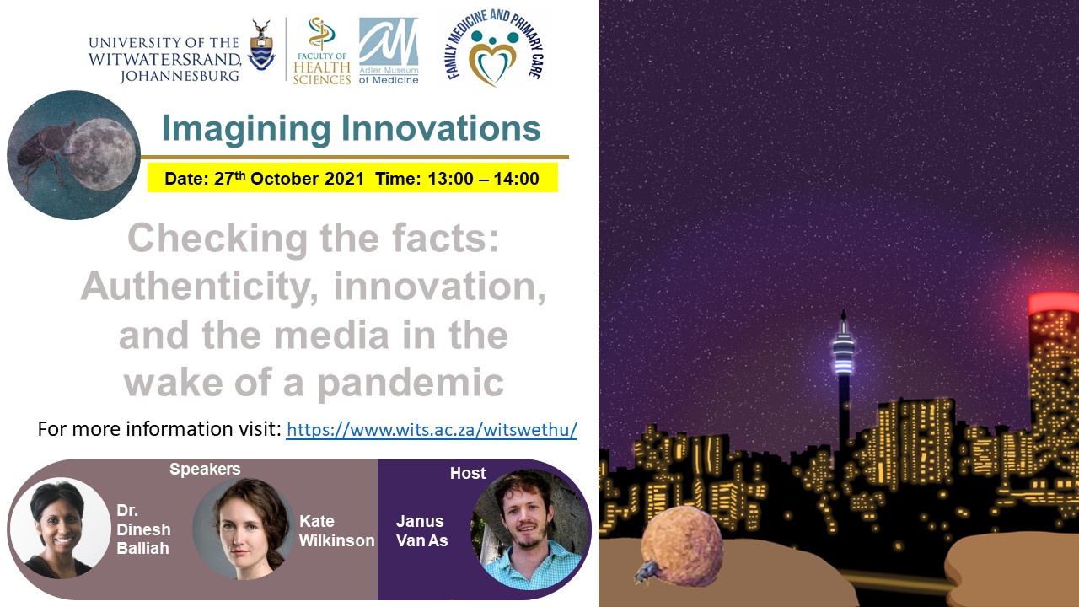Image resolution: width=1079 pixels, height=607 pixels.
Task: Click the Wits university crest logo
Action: tap(261, 46)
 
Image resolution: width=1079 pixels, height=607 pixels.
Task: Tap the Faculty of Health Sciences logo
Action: tap(322, 51)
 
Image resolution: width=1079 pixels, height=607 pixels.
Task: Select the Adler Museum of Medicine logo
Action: tap(389, 51)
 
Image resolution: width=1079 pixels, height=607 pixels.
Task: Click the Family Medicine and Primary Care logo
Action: tap(495, 48)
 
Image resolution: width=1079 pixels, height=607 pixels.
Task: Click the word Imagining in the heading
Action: tap(246, 129)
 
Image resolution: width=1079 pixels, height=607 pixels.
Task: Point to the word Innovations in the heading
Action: tap(441, 128)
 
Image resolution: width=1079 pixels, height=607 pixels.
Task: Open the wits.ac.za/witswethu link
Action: tap(432, 429)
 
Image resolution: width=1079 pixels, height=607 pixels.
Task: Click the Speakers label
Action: tap(205, 470)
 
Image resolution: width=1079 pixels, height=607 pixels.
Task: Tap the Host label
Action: tap(468, 473)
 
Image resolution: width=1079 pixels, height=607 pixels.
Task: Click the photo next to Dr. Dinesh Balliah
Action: tap(60, 529)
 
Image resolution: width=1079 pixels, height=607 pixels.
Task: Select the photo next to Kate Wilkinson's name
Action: tap(244, 529)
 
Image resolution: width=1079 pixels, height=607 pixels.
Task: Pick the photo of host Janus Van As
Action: tap(530, 529)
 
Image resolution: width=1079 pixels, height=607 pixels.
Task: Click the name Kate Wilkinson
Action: tap(336, 531)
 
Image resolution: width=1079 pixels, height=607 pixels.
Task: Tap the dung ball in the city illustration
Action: tap(682, 545)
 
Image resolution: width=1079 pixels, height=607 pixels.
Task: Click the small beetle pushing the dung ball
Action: tap(645, 572)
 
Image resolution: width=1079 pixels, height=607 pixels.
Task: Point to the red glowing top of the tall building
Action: tap(1054, 303)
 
